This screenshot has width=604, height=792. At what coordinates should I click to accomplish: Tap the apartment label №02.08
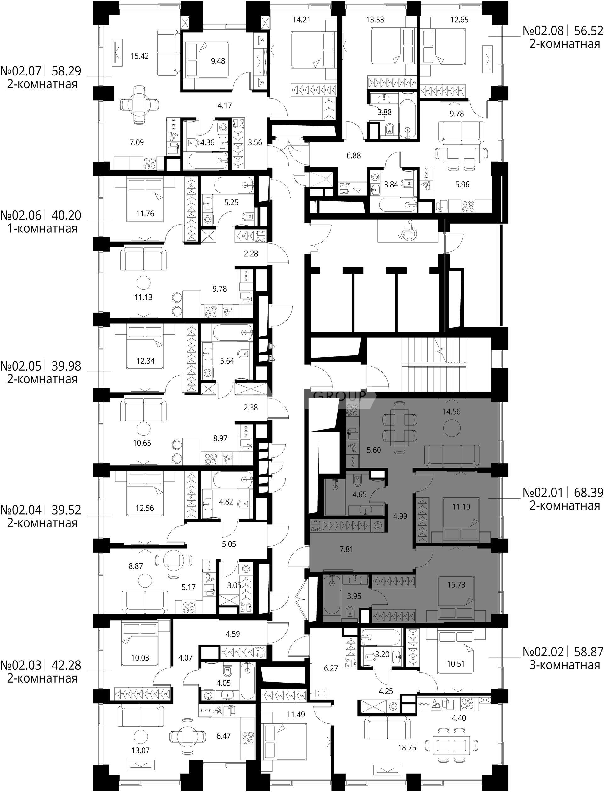click(x=543, y=31)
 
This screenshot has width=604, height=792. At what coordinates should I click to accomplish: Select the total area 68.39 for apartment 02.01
click(x=589, y=492)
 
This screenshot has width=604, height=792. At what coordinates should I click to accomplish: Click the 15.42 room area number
click(x=140, y=56)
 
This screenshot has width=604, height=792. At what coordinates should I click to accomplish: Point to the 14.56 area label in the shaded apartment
click(x=451, y=411)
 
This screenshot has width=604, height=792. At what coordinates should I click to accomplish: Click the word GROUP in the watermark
click(x=340, y=395)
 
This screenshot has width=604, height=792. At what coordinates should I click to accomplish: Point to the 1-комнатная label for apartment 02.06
click(x=42, y=228)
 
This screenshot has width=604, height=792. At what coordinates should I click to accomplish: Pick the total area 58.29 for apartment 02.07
click(x=66, y=71)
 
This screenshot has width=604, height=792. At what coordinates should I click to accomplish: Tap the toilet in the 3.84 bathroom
click(x=410, y=184)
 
